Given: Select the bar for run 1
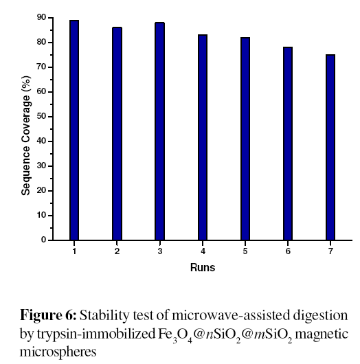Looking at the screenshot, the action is pyautogui.click(x=74, y=130).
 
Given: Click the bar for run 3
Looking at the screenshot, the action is pyautogui.click(x=159, y=131).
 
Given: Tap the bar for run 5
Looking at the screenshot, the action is pyautogui.click(x=245, y=139).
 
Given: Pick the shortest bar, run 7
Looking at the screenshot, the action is pyautogui.click(x=330, y=147).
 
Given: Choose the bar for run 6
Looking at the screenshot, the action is pyautogui.click(x=288, y=144).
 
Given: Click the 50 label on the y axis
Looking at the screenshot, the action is pyautogui.click(x=41, y=116).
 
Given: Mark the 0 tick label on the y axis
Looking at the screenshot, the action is pyautogui.click(x=44, y=240).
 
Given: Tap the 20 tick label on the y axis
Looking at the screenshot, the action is pyautogui.click(x=41, y=191).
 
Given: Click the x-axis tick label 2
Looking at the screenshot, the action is pyautogui.click(x=117, y=251).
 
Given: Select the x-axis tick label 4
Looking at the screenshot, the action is pyautogui.click(x=203, y=251).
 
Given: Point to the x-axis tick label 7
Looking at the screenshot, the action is pyautogui.click(x=330, y=251).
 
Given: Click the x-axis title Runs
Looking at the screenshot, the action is pyautogui.click(x=203, y=267).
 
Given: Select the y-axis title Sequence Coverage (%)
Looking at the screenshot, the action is pyautogui.click(x=26, y=135).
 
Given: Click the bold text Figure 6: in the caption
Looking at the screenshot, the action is pyautogui.click(x=48, y=315).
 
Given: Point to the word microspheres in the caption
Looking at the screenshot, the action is pyautogui.click(x=58, y=352).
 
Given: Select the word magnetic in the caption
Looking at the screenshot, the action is pyautogui.click(x=322, y=334).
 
